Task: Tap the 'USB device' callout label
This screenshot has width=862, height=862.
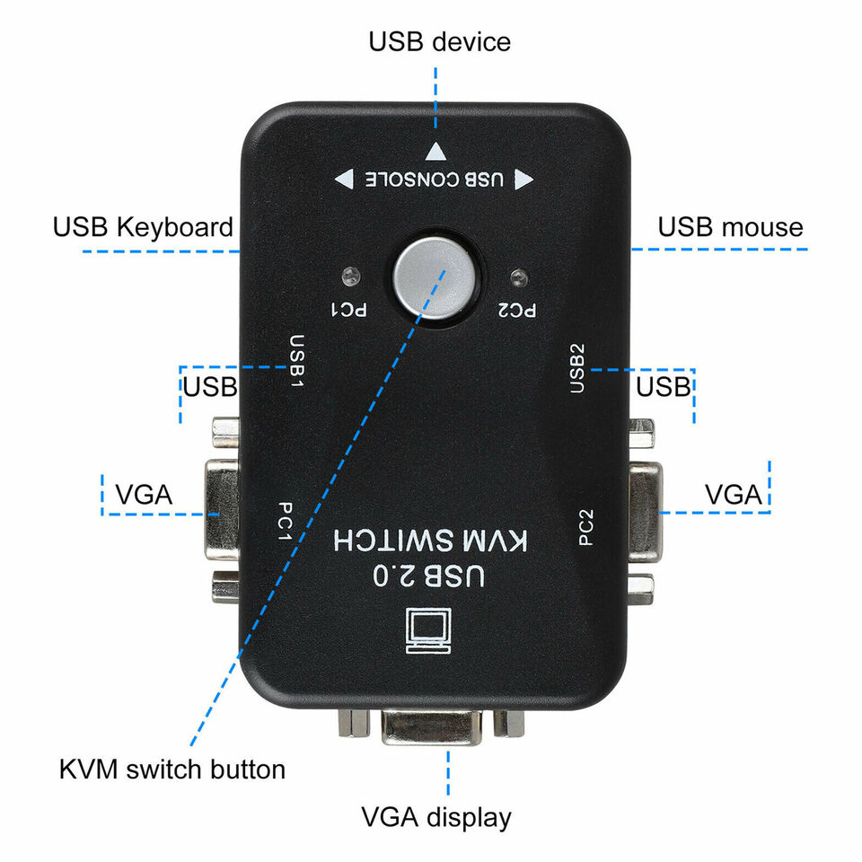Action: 439,41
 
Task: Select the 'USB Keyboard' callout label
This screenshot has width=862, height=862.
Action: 143,227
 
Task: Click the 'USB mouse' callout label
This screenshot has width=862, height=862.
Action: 730,227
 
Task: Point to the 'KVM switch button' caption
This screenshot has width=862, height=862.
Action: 172,770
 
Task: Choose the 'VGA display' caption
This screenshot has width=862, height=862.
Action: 436,817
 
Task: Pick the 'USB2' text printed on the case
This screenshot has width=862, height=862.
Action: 577,367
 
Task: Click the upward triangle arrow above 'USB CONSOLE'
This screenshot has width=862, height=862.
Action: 435,152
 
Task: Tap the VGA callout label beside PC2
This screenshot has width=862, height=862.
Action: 733,495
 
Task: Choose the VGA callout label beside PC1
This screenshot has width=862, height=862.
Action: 144,495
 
